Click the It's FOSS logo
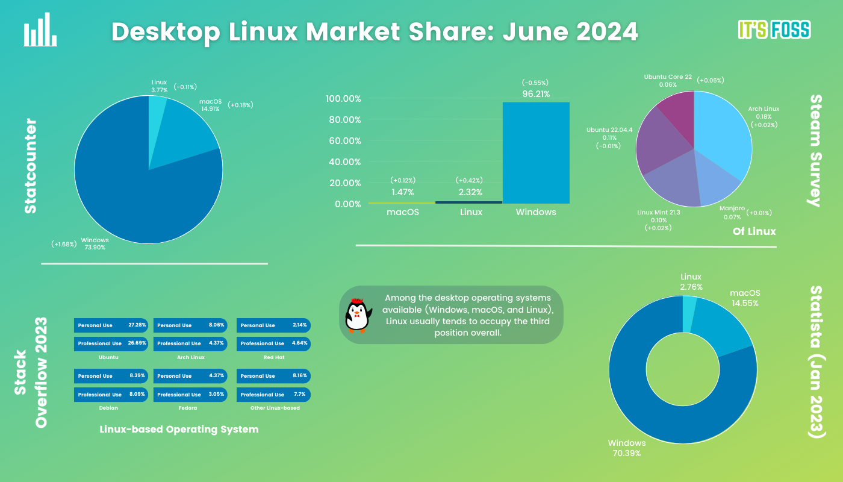pos(774,30)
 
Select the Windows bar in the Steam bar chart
pos(536,153)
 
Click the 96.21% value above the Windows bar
pos(536,94)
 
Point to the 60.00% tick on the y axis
pos(343,141)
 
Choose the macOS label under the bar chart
pos(402,212)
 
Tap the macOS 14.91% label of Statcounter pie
pos(211,105)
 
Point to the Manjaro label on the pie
pos(732,213)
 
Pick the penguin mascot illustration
pos(358,315)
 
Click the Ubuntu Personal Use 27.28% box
pos(111,325)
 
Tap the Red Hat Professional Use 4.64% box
pos(274,343)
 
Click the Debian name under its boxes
pos(108,408)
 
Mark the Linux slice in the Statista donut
pos(690,313)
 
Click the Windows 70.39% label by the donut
pos(626,448)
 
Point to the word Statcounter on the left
pos(30,166)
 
